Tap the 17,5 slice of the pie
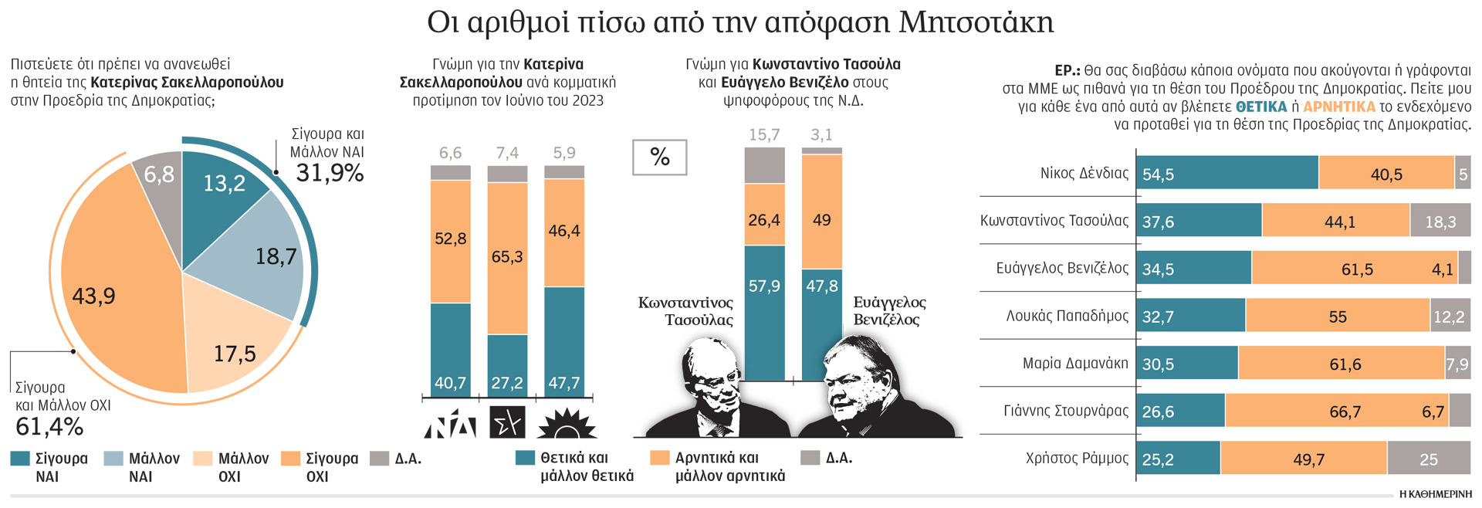232,347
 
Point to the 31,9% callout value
330,173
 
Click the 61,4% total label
49,426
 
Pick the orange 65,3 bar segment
507,257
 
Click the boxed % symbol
659,157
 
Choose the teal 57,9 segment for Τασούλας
764,309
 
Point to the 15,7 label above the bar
764,135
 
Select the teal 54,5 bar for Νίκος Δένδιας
1227,173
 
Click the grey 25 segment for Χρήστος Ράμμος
1428,459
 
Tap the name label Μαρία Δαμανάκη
1074,363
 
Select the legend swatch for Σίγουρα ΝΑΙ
20,459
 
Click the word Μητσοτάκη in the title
976,23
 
